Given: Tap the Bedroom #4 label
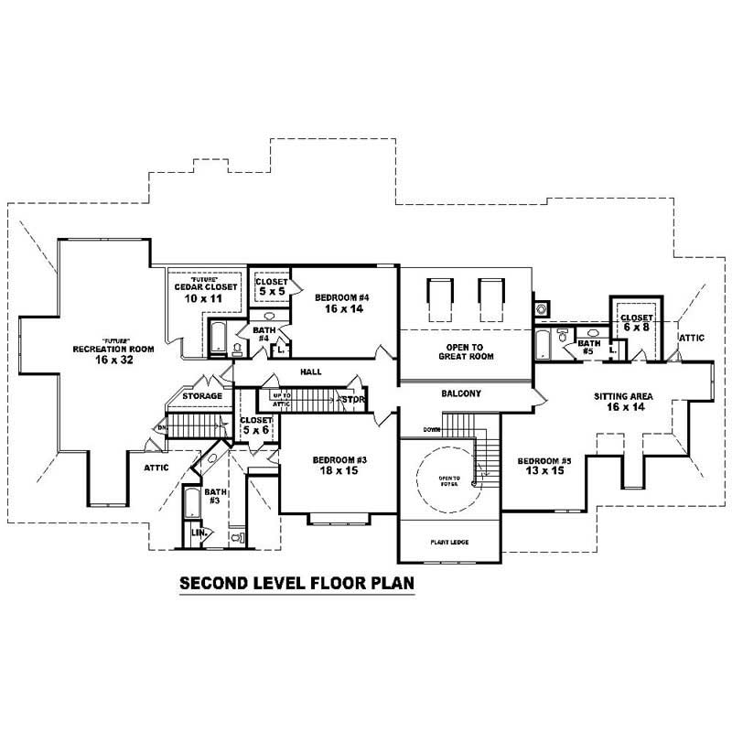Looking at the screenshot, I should coord(341,297).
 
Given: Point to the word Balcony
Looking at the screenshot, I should coord(462,393).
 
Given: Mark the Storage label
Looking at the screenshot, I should coord(201,396).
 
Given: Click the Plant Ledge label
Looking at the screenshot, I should coord(449,543).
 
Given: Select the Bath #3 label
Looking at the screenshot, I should coord(213,497).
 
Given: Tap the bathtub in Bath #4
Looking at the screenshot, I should coord(220,339).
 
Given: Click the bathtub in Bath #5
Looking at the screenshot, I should coord(544,345).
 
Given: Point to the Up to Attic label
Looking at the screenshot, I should coord(280,400).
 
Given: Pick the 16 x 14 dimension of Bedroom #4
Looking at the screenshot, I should coord(341,310).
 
